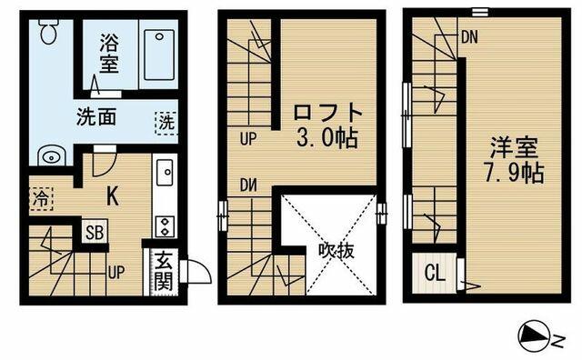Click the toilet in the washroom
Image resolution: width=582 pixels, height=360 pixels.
click(x=48, y=31)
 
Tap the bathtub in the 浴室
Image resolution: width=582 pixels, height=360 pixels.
click(x=159, y=55)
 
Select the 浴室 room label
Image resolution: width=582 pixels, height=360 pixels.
click(x=109, y=53)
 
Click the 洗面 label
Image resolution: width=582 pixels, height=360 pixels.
click(x=96, y=116)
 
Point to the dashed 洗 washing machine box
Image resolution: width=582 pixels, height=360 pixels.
click(x=166, y=123)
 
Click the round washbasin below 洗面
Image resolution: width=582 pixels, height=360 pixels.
click(x=52, y=157)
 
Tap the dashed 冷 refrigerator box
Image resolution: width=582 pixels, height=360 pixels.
click(x=41, y=199)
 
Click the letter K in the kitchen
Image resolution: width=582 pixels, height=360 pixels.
click(x=113, y=196)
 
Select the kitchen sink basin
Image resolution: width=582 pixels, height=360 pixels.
click(x=165, y=172)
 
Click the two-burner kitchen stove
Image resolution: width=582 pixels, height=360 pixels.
click(x=165, y=226)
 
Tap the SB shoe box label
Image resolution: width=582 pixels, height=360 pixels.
click(x=95, y=233)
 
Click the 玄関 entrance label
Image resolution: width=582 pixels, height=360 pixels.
click(x=164, y=272)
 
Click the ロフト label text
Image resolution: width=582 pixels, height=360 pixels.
click(x=327, y=113)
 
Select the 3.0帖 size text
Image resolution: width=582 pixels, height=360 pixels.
click(x=327, y=139)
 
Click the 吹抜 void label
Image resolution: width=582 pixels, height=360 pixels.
click(x=336, y=252)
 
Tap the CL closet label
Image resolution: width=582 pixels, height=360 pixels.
click(x=435, y=274)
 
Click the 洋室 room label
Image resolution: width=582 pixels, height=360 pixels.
click(x=514, y=147)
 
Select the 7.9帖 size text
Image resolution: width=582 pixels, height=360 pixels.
click(x=515, y=173)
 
